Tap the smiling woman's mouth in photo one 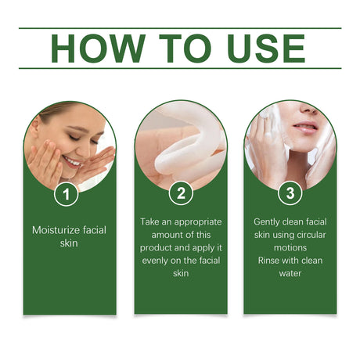point(72,162)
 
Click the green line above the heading point(180,29)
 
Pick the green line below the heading point(180,68)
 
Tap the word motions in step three point(290,248)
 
